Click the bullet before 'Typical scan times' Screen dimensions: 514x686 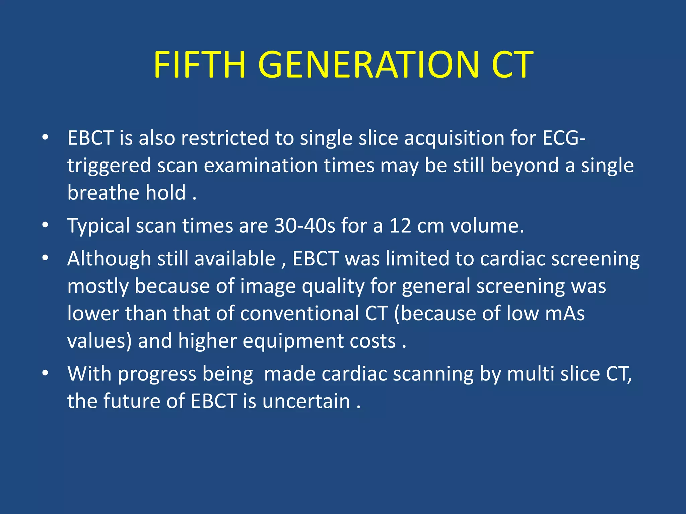tap(46, 225)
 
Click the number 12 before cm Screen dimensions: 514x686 tap(400, 226)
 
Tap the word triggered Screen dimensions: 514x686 tap(109, 166)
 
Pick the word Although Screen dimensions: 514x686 tap(109, 259)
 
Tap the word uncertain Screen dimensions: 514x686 tap(306, 401)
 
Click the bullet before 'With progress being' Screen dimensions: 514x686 tap(46, 373)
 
